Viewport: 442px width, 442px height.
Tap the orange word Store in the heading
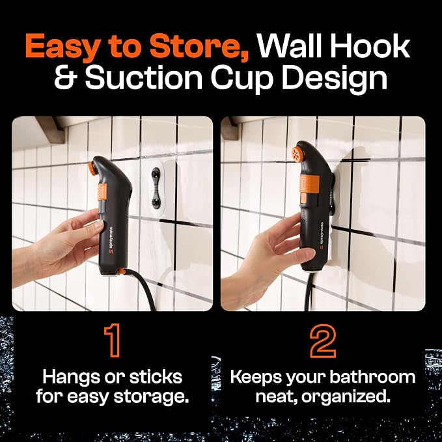pos(199,46)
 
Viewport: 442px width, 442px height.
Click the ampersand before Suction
pos(66,77)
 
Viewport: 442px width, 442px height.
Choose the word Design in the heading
pos(335,79)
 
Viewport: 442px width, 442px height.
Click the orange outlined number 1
pos(113,340)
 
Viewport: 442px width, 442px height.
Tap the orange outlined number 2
pos(323,340)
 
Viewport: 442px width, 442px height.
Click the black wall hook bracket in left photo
pos(156,187)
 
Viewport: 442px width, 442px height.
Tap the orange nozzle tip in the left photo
pos(92,169)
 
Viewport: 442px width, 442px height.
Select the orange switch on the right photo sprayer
pos(309,184)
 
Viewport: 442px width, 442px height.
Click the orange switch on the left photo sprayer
pos(102,191)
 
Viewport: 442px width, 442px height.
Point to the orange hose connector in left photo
pos(122,271)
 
